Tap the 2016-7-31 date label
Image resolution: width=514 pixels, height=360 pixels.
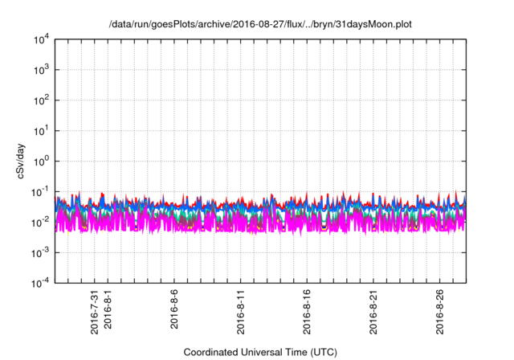95,313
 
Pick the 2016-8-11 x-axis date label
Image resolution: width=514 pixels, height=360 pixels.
241,313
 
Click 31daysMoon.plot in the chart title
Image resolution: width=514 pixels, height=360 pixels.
374,24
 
